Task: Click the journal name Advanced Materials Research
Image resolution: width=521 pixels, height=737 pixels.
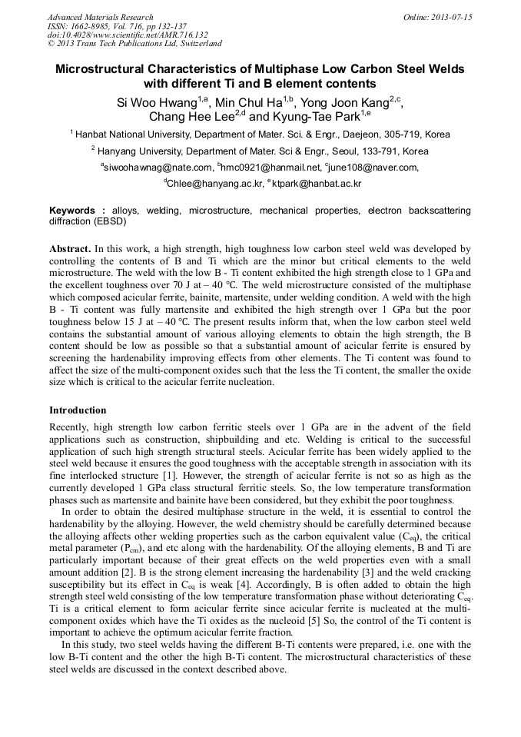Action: point(100,17)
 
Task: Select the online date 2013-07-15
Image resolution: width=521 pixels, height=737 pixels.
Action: point(452,17)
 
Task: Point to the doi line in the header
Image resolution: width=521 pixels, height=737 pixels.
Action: point(128,35)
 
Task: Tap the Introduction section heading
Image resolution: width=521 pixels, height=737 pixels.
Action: point(78,410)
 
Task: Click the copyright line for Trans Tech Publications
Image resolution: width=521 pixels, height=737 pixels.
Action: point(134,44)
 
